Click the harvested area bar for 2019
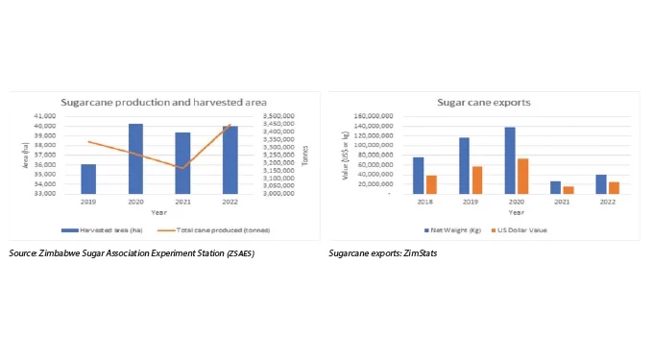[87, 179]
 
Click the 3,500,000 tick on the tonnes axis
[278, 116]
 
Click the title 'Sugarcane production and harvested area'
[163, 101]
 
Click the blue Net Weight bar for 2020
[510, 159]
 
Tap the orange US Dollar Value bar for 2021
[568, 189]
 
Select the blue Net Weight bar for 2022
[601, 183]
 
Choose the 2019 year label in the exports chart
[470, 203]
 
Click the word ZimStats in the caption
[405, 252]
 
